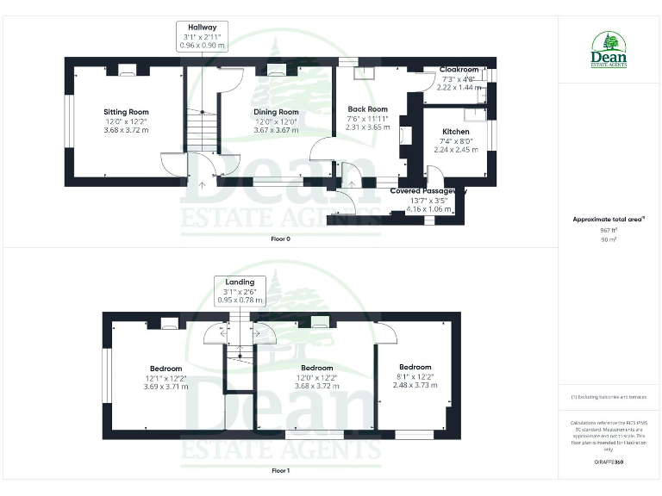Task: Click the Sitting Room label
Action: click(x=127, y=112)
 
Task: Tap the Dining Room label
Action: click(x=276, y=112)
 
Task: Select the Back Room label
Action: click(x=368, y=109)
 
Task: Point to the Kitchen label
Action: click(x=456, y=132)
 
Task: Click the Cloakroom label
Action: click(x=459, y=70)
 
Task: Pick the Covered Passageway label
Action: click(x=428, y=190)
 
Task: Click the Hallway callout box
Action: click(x=201, y=37)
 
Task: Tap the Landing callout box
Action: click(x=240, y=291)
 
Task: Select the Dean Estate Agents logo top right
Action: click(x=609, y=50)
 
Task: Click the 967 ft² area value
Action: click(x=609, y=230)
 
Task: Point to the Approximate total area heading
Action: click(x=609, y=220)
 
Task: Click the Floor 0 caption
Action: click(x=280, y=239)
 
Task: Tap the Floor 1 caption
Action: click(x=280, y=471)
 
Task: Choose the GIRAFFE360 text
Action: click(x=609, y=463)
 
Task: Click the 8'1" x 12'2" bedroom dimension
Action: click(x=415, y=376)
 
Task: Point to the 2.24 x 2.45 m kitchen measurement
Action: click(x=456, y=149)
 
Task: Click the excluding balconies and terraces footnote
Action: click(x=609, y=397)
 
